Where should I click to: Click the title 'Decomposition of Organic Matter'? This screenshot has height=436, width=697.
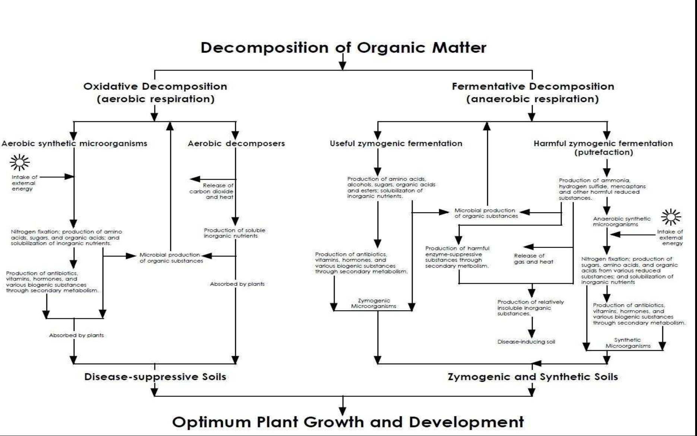pos(343,48)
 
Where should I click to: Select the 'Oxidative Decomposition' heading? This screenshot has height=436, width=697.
pos(155,87)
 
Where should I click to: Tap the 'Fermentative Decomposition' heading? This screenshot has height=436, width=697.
pos(533,87)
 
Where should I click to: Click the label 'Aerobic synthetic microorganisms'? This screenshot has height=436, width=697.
pos(74,144)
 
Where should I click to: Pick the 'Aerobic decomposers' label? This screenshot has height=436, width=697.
pos(236,144)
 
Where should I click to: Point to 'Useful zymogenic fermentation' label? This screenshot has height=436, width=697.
pos(395,144)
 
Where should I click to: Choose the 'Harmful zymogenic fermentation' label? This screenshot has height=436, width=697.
pos(603,144)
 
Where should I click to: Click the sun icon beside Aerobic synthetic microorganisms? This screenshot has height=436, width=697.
pos(20,162)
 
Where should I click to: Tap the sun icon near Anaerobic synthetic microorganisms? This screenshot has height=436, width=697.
pos(671,217)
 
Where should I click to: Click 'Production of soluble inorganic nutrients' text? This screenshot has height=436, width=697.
pos(234,233)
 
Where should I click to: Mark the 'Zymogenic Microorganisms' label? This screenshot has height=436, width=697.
pos(373,303)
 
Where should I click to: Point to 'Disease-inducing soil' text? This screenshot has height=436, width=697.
pos(526,342)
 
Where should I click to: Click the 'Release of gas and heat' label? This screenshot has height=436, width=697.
pos(533,259)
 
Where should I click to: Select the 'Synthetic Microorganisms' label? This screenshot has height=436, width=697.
pos(628,343)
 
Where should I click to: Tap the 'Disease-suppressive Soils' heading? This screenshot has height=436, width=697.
pos(155,377)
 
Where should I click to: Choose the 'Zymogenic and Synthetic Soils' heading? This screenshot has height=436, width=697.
pos(533,377)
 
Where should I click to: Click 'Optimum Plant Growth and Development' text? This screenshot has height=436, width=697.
pos(347,422)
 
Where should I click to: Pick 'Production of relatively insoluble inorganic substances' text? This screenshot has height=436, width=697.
pos(530,308)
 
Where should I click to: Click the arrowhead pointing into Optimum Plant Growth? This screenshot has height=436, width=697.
pos(343,411)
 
